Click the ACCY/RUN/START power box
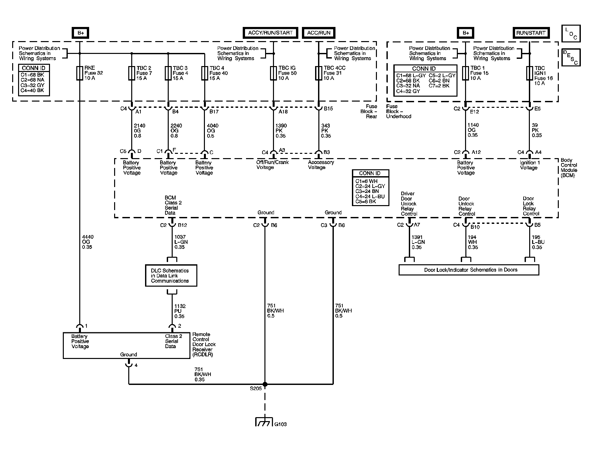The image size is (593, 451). [270, 33]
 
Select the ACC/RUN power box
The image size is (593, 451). [318, 33]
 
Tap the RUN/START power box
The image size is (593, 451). [531, 33]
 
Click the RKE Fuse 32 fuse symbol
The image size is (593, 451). [79, 73]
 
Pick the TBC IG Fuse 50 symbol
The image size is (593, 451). [273, 73]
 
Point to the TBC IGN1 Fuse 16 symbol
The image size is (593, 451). [529, 73]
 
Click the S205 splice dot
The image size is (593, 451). [265, 384]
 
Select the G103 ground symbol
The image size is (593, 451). [264, 422]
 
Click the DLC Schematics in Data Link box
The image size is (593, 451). [171, 275]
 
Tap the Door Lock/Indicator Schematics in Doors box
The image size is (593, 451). [469, 270]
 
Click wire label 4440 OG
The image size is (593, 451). [87, 242]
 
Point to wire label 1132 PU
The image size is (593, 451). [180, 311]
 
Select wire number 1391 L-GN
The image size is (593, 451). [418, 242]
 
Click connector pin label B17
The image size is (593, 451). [214, 112]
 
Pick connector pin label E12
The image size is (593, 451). [474, 112]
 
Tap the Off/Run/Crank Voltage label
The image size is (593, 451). [272, 165]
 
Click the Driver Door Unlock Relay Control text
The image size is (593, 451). [408, 204]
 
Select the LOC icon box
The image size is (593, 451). [571, 34]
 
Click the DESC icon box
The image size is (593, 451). [571, 58]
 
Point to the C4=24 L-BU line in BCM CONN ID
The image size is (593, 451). [370, 196]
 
